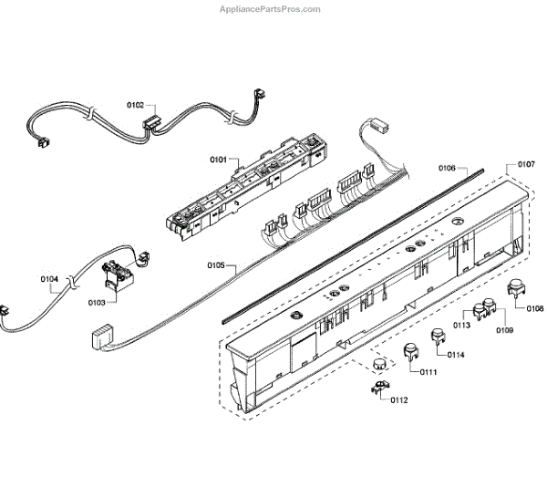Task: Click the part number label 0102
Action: tap(136, 106)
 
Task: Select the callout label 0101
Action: tap(219, 160)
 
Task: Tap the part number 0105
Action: tap(216, 265)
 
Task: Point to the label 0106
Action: tap(448, 169)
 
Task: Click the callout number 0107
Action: tap(526, 164)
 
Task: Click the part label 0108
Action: tap(535, 308)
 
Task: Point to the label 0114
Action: tap(455, 354)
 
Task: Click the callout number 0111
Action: tap(428, 373)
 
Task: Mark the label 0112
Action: tap(399, 399)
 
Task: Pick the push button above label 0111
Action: tap(410, 350)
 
